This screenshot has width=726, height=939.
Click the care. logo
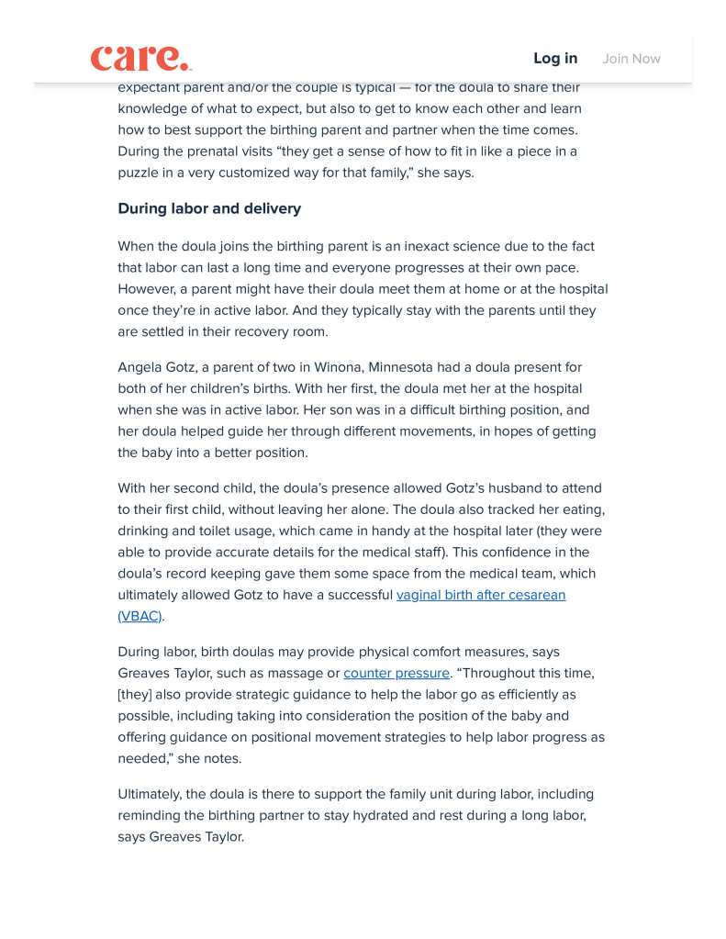point(140,58)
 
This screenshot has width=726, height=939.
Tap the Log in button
point(555,58)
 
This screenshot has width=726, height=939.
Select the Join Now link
point(631,59)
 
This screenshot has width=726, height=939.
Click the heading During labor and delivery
point(209,208)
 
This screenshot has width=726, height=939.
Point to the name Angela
point(140,367)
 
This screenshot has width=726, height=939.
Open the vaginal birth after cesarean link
point(480,595)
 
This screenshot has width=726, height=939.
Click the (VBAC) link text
point(140,616)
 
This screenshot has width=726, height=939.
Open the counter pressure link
point(397,673)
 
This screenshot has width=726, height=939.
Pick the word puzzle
point(138,173)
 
